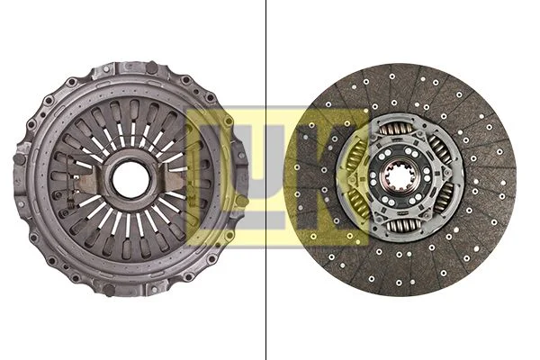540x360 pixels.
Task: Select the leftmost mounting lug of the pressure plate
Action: click(20, 159)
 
